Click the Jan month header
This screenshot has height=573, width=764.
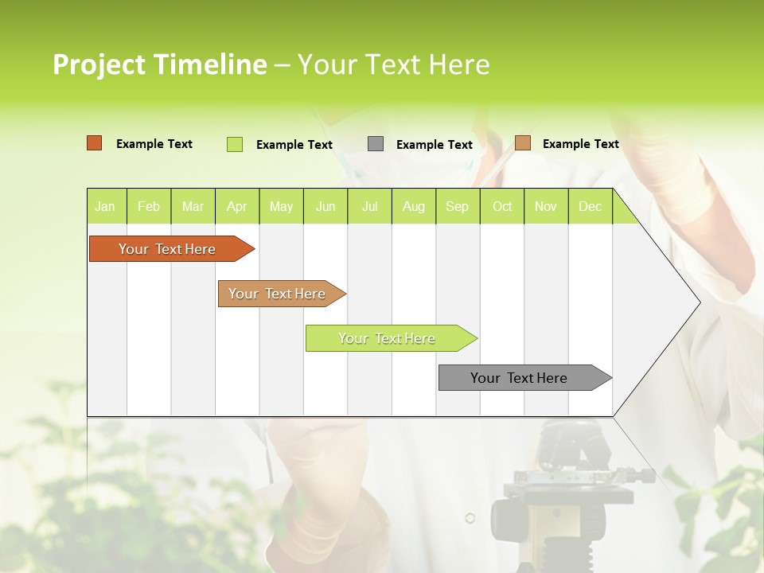(x=105, y=206)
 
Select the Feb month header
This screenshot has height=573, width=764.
(x=149, y=206)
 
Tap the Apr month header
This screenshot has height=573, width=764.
(x=236, y=206)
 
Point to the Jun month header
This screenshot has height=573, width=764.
(x=325, y=206)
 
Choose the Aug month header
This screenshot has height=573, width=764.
(x=413, y=206)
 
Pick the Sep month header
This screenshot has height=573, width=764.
(x=457, y=206)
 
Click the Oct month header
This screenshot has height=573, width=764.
(x=502, y=206)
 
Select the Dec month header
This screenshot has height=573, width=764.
(x=590, y=206)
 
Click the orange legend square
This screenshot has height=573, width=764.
(x=95, y=143)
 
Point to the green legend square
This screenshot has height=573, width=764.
(x=235, y=144)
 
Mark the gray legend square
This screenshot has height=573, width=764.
(x=376, y=144)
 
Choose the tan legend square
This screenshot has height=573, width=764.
(x=523, y=143)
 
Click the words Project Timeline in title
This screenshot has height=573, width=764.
(x=159, y=64)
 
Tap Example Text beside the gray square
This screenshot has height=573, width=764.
(x=434, y=145)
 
